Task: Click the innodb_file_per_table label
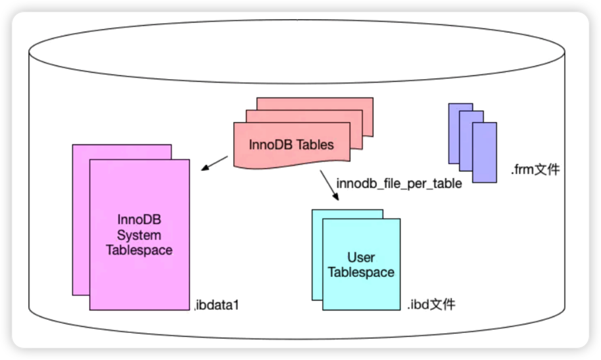coord(399,183)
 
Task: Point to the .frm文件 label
coord(534,170)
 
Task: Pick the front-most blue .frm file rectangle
coord(484,152)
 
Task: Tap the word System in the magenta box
coord(139,235)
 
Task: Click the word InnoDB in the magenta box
coord(139,220)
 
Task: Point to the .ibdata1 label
coord(214,305)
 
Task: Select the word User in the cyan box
coord(361,258)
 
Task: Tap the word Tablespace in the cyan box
coord(361,272)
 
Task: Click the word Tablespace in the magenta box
coord(139,250)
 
